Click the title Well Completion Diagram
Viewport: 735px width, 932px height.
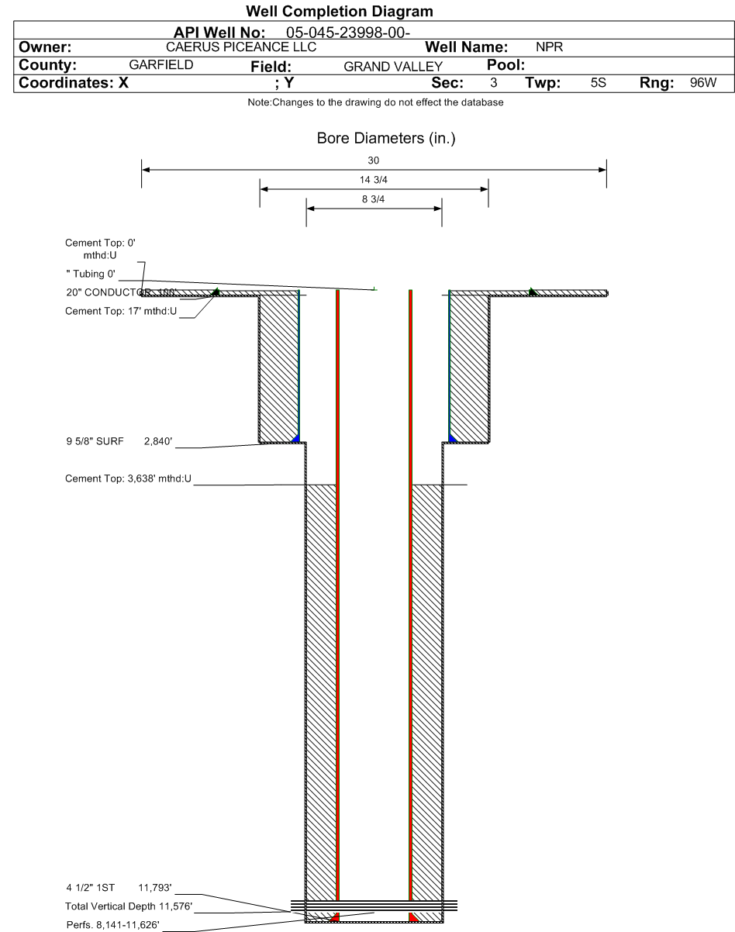point(339,12)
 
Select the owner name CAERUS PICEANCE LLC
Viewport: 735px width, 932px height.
point(241,48)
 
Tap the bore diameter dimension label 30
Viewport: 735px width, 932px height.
point(374,160)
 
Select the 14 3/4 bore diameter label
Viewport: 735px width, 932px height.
point(374,179)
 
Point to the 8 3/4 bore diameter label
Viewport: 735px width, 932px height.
point(374,199)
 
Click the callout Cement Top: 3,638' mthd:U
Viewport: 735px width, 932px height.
point(128,478)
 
